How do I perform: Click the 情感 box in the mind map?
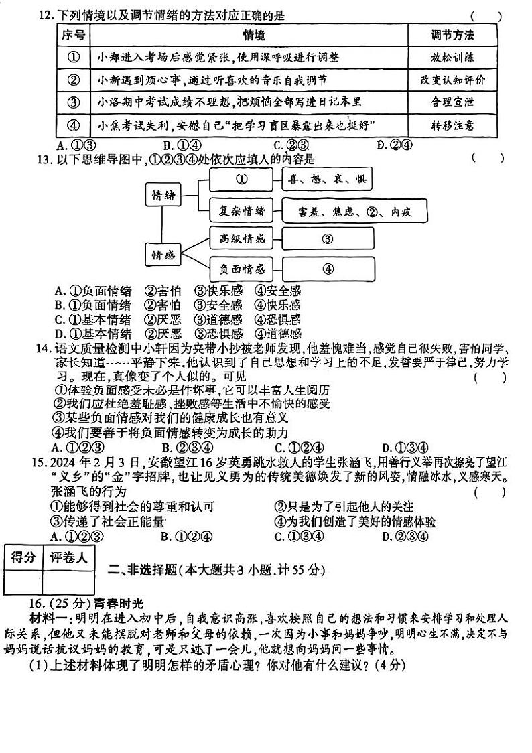point(163,255)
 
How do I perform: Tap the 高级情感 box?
point(242,238)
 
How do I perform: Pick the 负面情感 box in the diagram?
point(242,269)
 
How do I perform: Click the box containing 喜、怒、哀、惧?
point(327,180)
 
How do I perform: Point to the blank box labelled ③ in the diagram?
point(328,239)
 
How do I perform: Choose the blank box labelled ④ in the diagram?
point(328,269)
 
